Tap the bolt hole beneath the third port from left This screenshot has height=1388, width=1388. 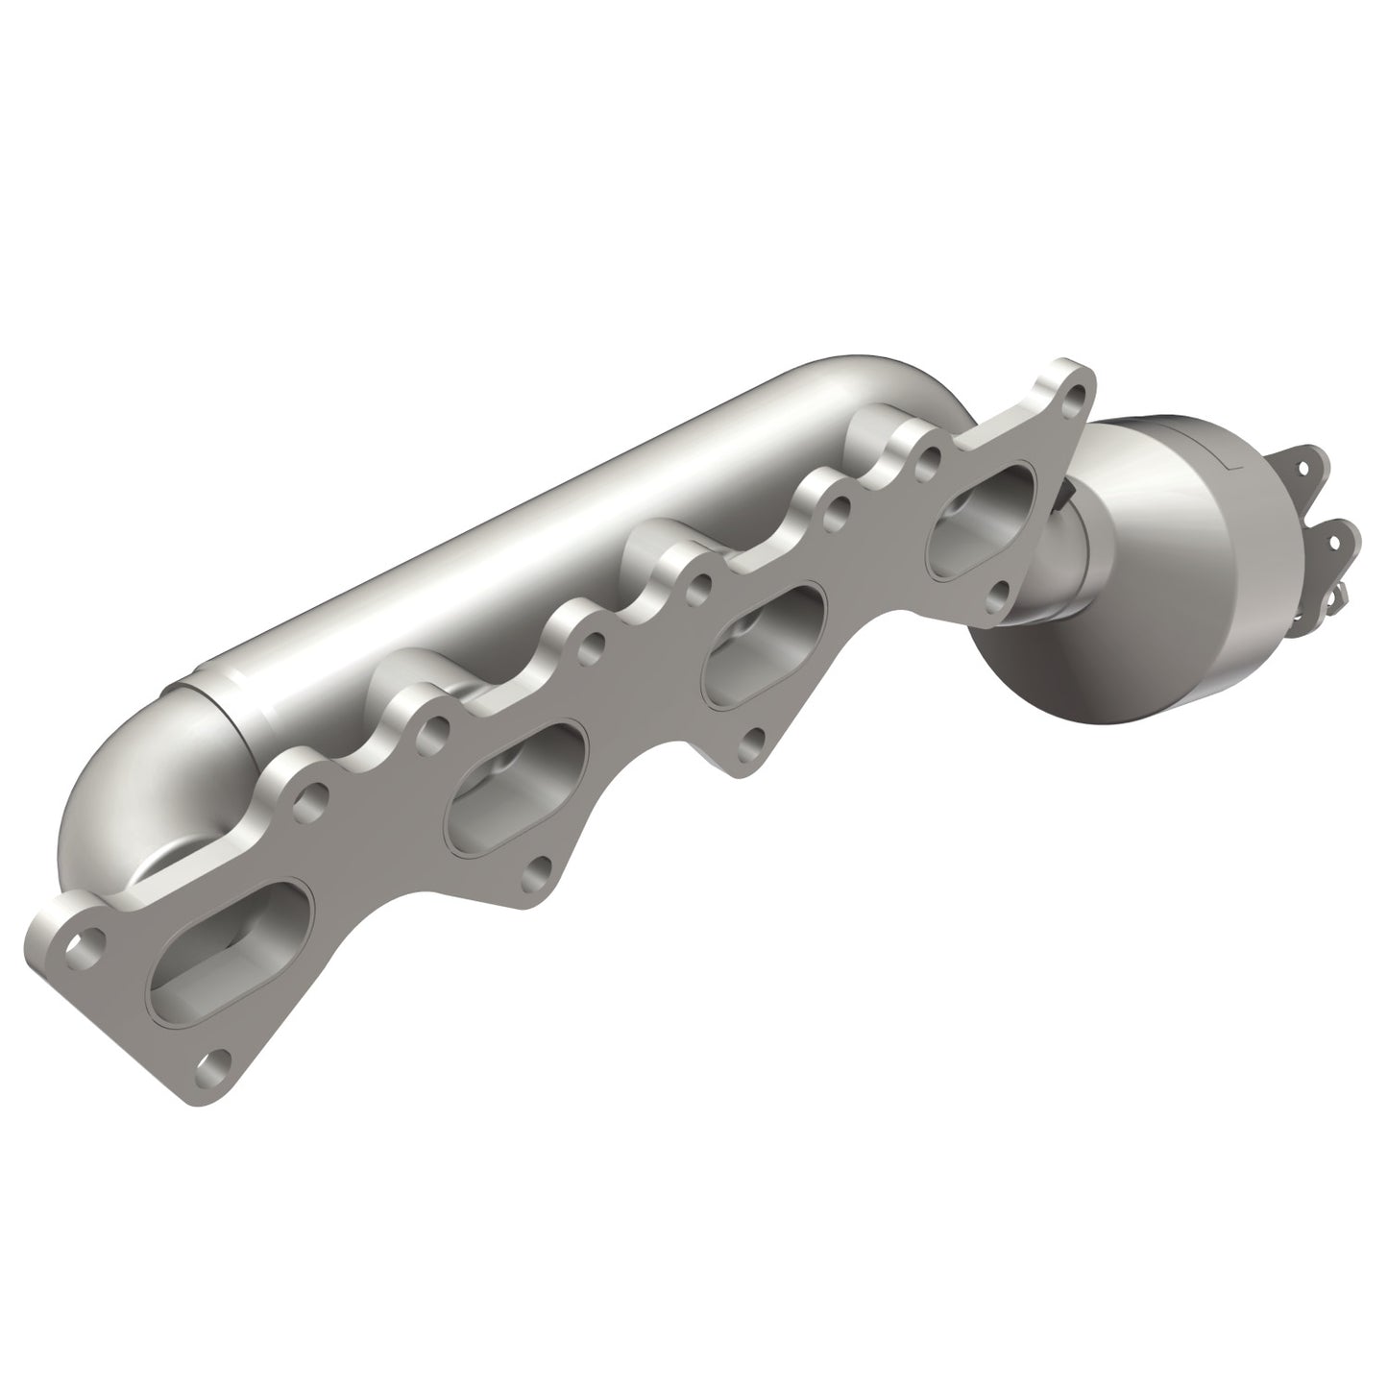pyautogui.click(x=756, y=739)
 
